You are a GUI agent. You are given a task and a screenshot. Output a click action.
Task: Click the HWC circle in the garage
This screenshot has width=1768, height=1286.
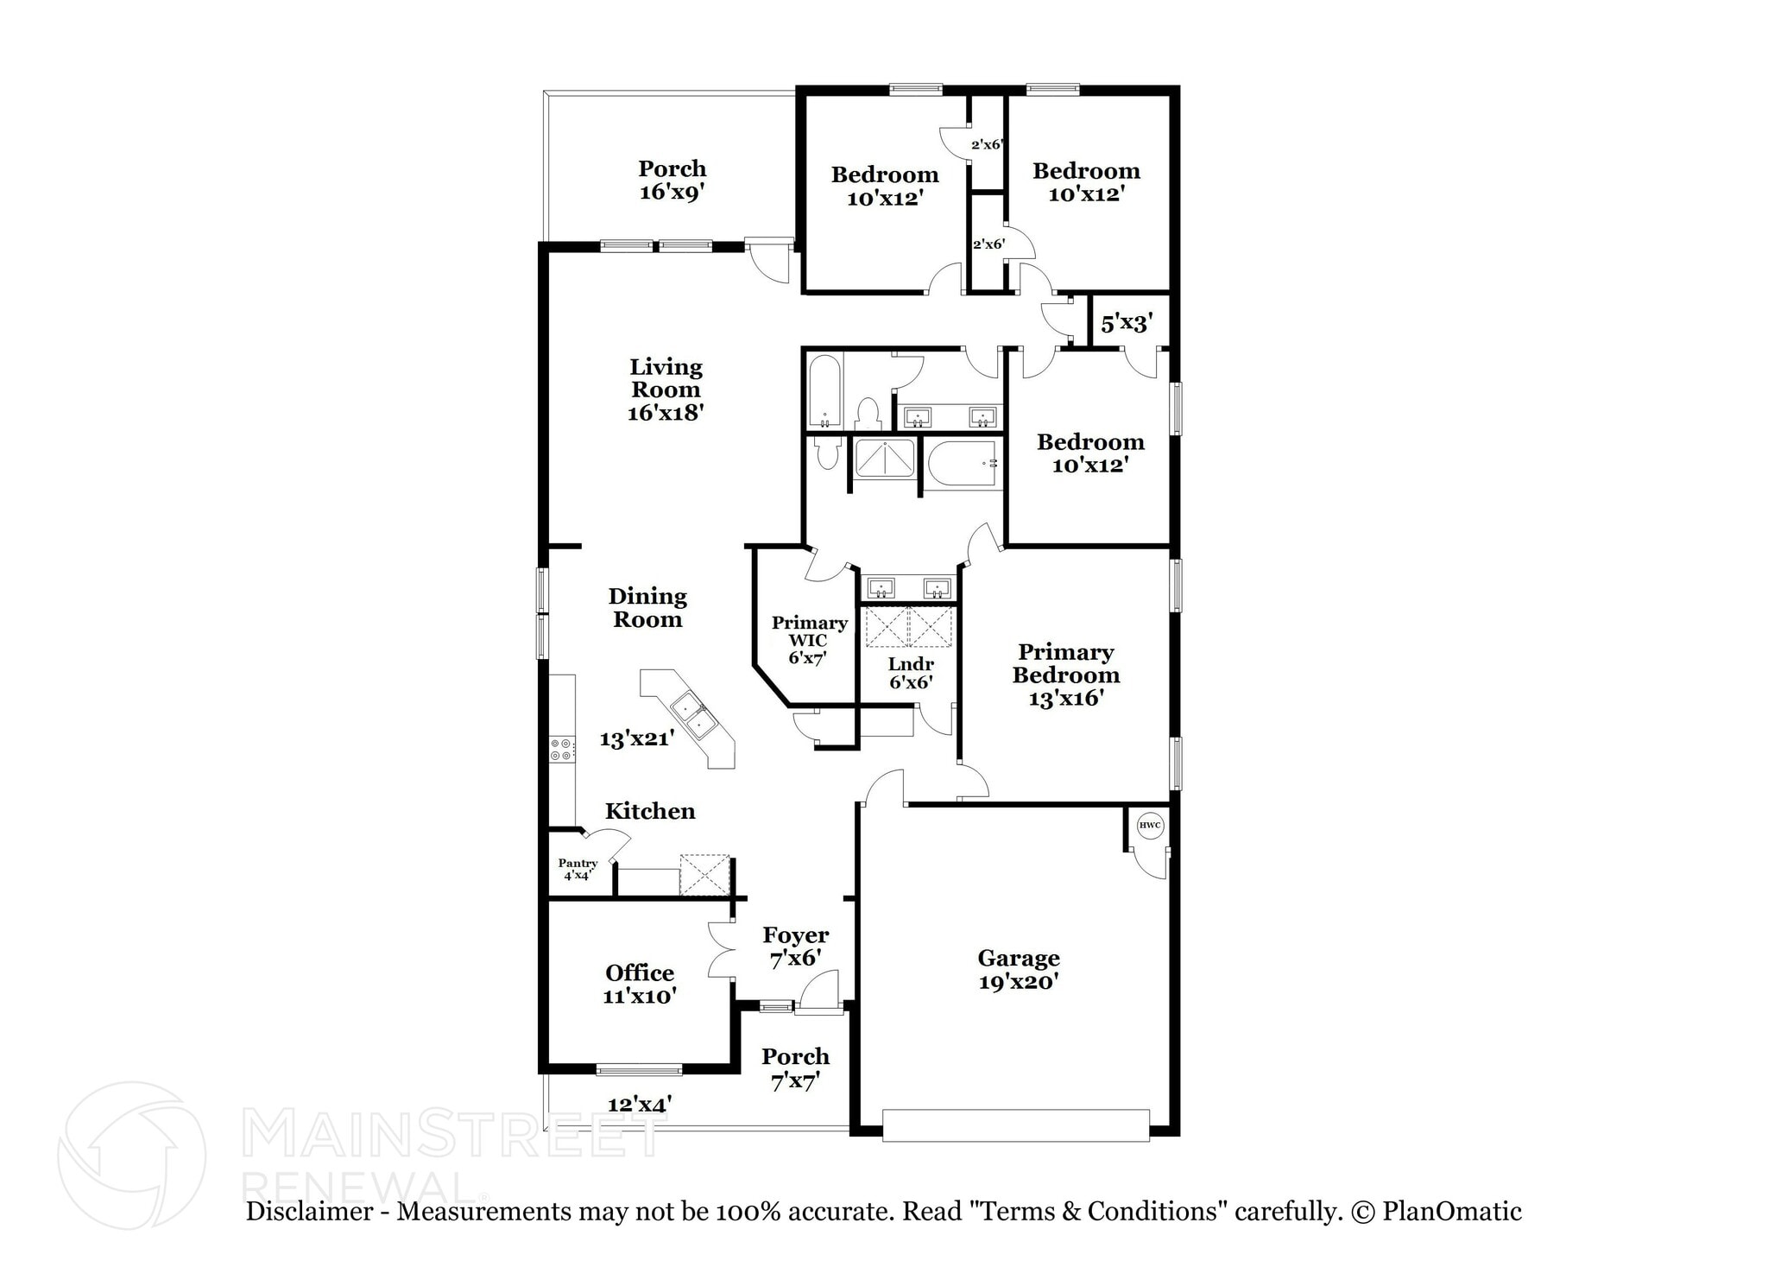coord(1150,826)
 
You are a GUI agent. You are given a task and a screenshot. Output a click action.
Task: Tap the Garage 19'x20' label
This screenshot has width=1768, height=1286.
coord(1018,970)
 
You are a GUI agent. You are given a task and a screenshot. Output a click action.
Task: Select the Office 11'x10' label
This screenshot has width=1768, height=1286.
coord(639,985)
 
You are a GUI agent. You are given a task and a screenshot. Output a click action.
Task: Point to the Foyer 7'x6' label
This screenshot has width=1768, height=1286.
coord(795,947)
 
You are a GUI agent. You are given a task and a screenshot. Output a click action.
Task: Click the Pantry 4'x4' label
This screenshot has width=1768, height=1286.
coord(578,869)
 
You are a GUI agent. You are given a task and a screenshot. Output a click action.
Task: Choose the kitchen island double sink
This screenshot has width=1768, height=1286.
coord(692,716)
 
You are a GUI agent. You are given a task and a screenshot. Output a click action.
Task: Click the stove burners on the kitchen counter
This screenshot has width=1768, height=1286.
coord(561,749)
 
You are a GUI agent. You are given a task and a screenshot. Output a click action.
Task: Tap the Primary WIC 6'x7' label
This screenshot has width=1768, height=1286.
coord(809,640)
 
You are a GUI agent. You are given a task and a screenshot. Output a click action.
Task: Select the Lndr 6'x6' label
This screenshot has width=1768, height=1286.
coord(911,673)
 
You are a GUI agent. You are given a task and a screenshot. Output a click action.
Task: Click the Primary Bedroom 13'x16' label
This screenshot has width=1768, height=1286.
coord(1065,675)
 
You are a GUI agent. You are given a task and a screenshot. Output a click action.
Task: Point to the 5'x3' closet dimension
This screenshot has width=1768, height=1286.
coord(1127,324)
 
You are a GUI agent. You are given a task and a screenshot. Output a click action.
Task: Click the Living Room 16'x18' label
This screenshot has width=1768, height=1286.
coord(666,390)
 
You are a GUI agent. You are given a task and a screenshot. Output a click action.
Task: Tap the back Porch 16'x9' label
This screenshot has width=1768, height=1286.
coord(672,180)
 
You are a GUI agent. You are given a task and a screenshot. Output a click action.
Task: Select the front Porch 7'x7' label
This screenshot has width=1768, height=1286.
coord(795,1068)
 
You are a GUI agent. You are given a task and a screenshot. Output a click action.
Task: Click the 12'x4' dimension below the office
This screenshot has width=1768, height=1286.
coord(640,1104)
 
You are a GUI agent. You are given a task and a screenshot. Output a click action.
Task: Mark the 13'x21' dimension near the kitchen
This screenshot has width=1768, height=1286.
coord(637,739)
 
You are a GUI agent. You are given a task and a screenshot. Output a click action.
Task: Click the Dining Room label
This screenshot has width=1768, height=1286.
coord(647,607)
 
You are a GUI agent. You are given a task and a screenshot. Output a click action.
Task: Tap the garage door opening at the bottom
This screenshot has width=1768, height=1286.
coord(1015,1125)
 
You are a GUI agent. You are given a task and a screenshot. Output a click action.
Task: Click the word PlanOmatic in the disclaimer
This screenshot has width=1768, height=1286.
coord(1452,1211)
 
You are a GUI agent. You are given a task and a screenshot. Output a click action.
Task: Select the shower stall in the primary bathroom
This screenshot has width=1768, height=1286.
coord(884,459)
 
